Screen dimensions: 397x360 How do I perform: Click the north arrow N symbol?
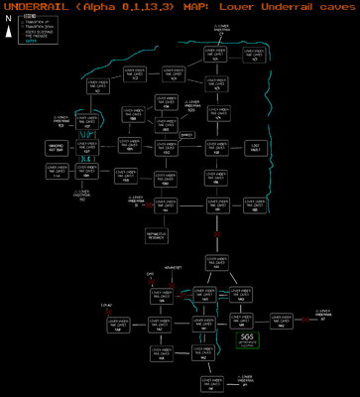point(7,29)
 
